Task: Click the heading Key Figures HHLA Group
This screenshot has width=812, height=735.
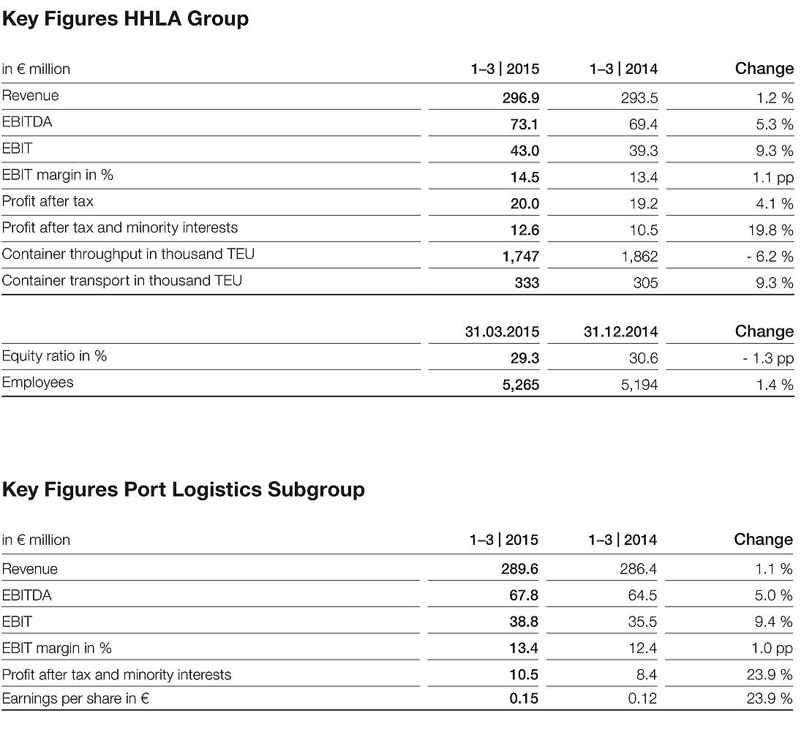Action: [125, 19]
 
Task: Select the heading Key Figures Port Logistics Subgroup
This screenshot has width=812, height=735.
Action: [183, 489]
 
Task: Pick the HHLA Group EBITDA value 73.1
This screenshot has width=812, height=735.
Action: [524, 124]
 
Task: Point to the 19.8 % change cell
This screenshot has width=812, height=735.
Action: [770, 230]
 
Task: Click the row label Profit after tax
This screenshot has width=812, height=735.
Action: [48, 201]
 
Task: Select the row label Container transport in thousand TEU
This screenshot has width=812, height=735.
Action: [122, 281]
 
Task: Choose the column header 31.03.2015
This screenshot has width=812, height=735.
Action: [502, 332]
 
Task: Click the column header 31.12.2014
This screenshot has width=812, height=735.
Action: [620, 332]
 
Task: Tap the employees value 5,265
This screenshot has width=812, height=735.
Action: [520, 385]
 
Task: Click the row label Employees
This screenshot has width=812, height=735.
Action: [38, 382]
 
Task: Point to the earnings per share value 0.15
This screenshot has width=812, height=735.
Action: [524, 698]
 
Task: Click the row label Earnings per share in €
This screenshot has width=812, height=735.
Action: [76, 698]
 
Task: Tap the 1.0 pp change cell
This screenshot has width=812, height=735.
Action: [772, 648]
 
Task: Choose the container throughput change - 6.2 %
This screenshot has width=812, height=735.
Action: [770, 257]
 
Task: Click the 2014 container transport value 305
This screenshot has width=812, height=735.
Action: [645, 283]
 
